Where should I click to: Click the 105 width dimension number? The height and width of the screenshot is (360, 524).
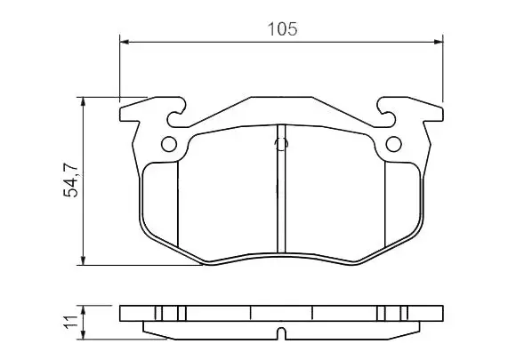click(282, 29)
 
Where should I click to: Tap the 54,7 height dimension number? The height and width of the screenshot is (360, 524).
click(71, 180)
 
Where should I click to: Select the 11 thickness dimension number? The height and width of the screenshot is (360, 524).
click(71, 322)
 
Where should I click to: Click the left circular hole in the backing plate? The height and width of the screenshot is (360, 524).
click(169, 144)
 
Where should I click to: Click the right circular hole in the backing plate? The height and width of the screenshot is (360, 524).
click(394, 144)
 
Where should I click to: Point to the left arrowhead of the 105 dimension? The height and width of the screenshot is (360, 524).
click(124, 42)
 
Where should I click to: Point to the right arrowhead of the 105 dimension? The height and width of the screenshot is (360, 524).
click(438, 42)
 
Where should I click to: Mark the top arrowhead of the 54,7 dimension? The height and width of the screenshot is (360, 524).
click(84, 101)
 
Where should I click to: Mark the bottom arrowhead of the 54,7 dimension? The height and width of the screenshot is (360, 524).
click(84, 260)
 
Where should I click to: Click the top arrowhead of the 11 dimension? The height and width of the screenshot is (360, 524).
click(84, 309)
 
